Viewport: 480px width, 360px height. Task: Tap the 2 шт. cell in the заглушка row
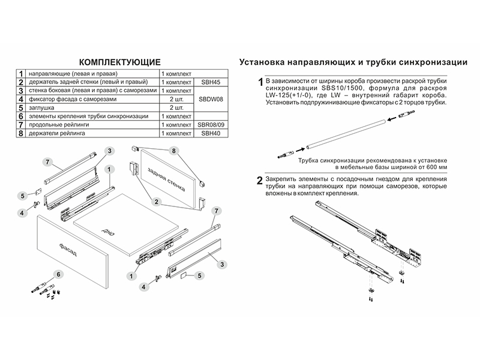point(175,107)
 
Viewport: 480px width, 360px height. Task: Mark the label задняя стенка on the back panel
point(167,173)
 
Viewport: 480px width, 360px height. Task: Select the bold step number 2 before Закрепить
point(259,181)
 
